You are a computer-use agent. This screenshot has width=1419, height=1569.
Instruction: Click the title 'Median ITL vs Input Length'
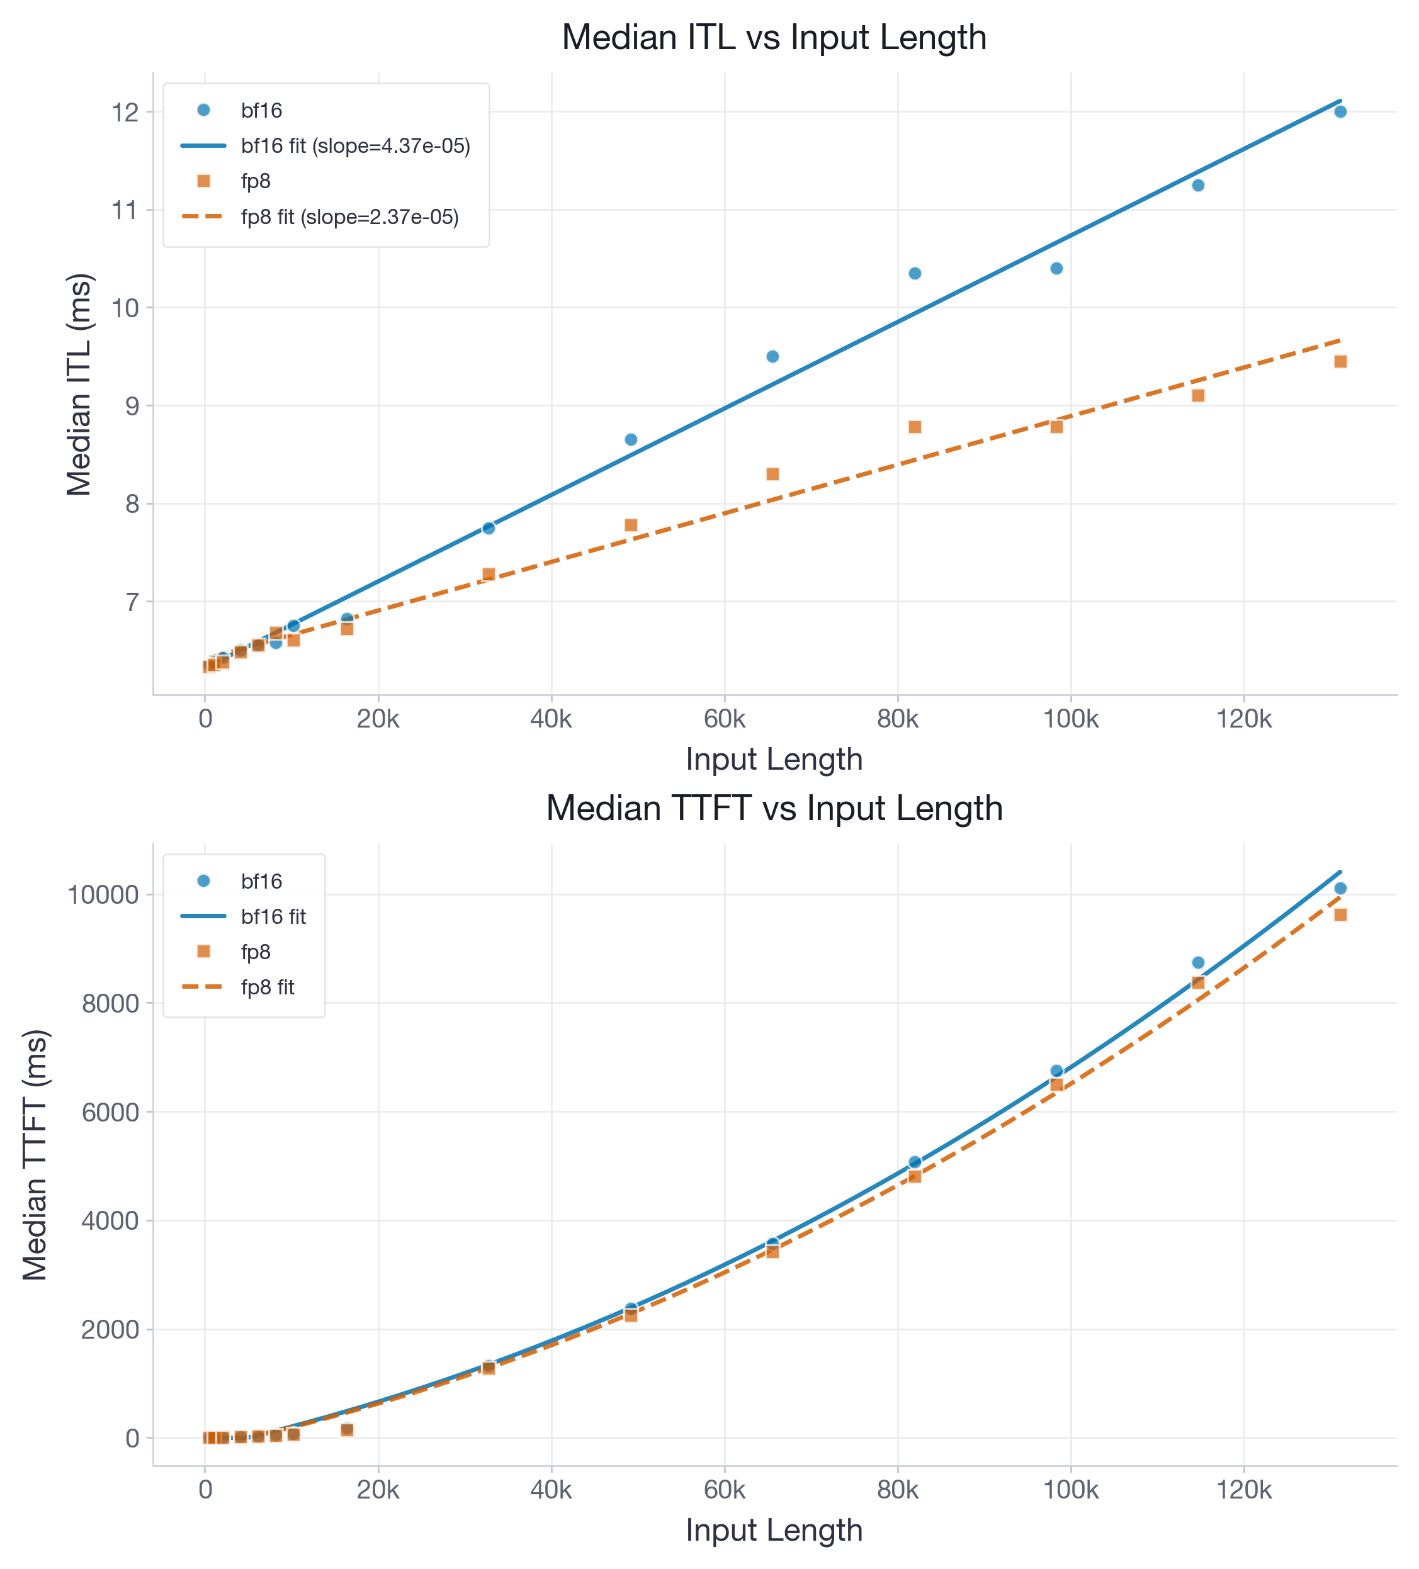(x=774, y=37)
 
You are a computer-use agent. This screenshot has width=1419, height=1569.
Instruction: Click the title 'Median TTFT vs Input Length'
(x=774, y=808)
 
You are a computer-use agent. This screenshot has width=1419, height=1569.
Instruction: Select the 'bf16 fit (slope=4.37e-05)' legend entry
(x=355, y=146)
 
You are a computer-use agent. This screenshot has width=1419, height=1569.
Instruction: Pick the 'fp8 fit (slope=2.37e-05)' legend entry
(x=349, y=217)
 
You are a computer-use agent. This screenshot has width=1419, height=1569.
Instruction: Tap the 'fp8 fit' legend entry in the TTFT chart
(x=267, y=987)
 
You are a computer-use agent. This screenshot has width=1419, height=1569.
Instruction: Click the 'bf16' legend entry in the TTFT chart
(x=261, y=881)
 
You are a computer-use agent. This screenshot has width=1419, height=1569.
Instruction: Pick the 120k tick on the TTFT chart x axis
(x=1243, y=1490)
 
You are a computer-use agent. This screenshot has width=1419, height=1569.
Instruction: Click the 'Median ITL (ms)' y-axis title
(x=79, y=384)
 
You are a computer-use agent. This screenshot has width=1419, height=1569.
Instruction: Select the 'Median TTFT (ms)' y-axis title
(x=35, y=1155)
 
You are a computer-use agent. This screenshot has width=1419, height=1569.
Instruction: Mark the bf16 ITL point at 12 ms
(x=1340, y=111)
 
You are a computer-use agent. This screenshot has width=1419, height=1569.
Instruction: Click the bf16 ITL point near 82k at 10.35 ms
(x=915, y=273)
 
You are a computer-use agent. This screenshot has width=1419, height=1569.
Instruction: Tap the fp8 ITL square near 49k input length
(x=631, y=526)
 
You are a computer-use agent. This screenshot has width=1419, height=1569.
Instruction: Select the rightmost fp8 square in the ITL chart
(x=1340, y=361)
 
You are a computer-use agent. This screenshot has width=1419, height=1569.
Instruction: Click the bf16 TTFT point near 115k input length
(x=1198, y=963)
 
